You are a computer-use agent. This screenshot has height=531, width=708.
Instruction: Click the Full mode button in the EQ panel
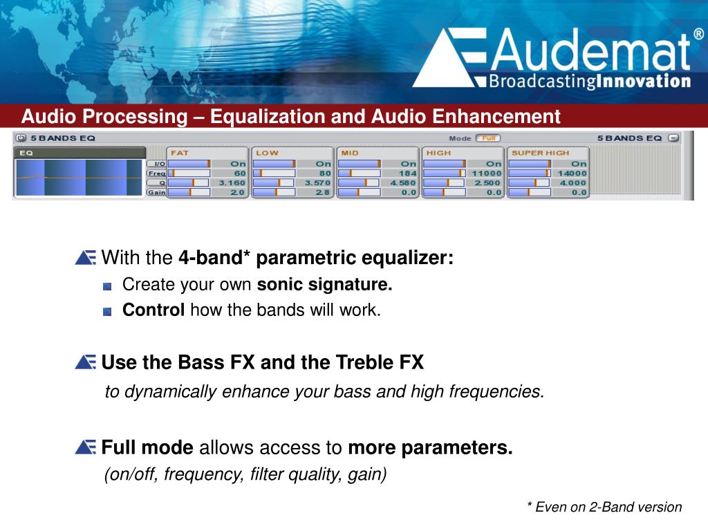coord(488,138)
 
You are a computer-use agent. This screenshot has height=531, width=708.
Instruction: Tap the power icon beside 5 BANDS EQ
coord(21,138)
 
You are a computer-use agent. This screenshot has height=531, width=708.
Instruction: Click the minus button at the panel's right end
coord(673,138)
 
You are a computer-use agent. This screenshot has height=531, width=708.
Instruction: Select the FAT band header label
coord(180,153)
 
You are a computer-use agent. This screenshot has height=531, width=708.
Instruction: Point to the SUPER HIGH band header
coord(541,153)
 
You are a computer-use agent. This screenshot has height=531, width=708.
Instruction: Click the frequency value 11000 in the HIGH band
coord(487,174)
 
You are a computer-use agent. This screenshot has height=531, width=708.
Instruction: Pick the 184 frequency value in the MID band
coord(407,174)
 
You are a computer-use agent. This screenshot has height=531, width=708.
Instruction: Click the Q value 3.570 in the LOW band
coord(318,183)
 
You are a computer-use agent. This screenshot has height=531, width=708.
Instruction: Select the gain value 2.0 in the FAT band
coord(238,192)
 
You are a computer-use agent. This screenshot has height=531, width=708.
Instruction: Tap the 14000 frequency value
coord(572,174)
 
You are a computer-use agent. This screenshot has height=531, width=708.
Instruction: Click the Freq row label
coord(157,174)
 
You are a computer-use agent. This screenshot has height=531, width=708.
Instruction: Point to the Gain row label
coord(157,192)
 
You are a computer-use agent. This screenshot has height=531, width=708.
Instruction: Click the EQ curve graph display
coord(79,178)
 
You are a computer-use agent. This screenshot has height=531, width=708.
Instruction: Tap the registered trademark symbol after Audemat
coord(698,35)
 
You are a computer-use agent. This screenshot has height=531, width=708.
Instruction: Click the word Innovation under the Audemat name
coord(644,82)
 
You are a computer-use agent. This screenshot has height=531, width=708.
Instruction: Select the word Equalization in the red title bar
coord(268,116)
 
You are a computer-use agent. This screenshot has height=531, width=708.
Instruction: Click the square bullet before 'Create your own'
coord(107,286)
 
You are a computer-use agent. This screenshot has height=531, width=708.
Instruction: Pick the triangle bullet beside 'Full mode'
coord(85,447)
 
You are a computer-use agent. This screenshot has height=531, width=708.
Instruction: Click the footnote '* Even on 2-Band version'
coord(604,507)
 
